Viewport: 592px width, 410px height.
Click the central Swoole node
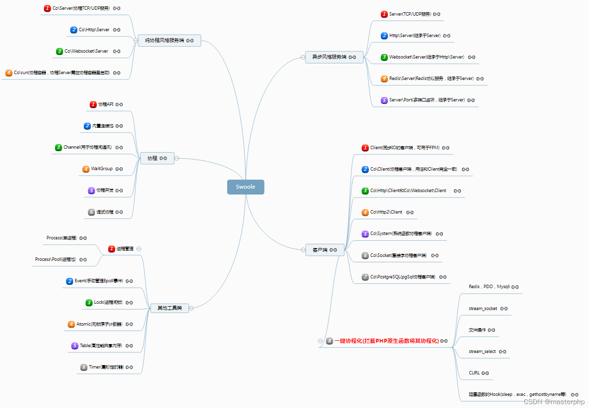point(246,187)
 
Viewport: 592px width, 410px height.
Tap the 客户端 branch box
point(325,250)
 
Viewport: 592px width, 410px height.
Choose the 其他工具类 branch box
point(169,308)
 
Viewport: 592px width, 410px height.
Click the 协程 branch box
point(157,158)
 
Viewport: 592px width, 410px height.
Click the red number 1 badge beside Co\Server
point(47,8)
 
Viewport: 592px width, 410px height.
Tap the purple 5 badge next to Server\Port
point(384,100)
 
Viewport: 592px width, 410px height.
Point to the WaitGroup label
point(102,169)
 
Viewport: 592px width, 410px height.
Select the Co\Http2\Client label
point(386,212)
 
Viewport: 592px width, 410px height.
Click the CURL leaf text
point(474,373)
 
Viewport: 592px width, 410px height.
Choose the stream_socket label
point(483,309)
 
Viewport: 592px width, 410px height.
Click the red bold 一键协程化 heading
point(386,341)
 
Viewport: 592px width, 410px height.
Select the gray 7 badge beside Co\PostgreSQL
point(365,277)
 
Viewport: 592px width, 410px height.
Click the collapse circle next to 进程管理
point(139,249)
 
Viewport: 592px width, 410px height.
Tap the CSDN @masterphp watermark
point(554,402)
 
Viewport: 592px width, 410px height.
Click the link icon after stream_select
point(502,351)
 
